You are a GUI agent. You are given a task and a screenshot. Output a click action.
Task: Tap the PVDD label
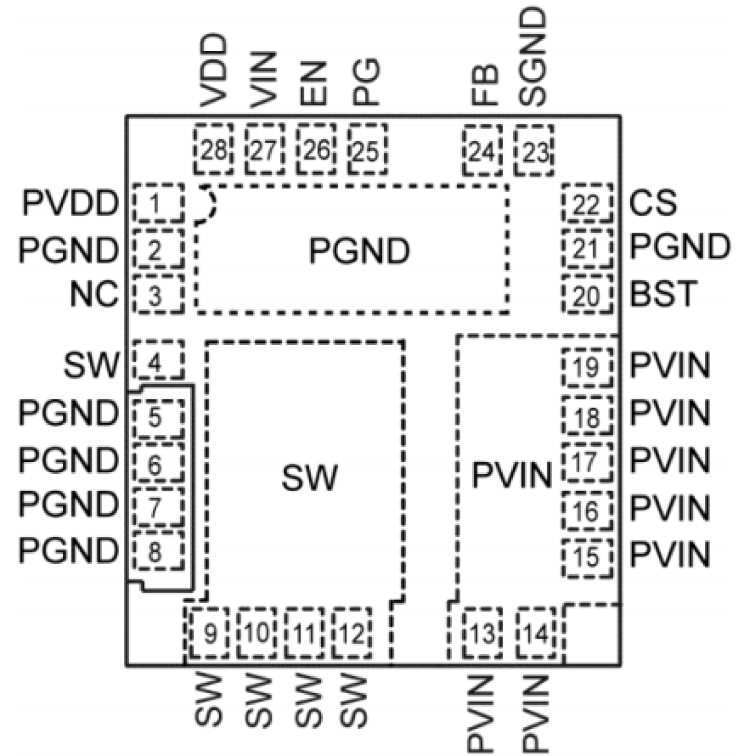pos(70,204)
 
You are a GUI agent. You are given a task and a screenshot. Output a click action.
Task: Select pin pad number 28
pos(213,151)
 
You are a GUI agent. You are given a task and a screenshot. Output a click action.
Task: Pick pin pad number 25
pos(367,151)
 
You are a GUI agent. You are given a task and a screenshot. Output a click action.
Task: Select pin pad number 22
pos(587,204)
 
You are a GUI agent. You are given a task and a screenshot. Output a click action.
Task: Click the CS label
pos(653,203)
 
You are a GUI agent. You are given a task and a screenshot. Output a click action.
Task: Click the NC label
pos(94,294)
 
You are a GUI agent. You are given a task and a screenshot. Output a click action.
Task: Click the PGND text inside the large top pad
pos(359,251)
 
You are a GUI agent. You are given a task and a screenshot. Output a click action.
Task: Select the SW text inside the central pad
pos(309,478)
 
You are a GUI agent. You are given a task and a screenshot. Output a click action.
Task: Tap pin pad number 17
pos(587,462)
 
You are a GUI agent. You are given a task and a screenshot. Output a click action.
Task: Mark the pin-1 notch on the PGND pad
pos(206,206)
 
